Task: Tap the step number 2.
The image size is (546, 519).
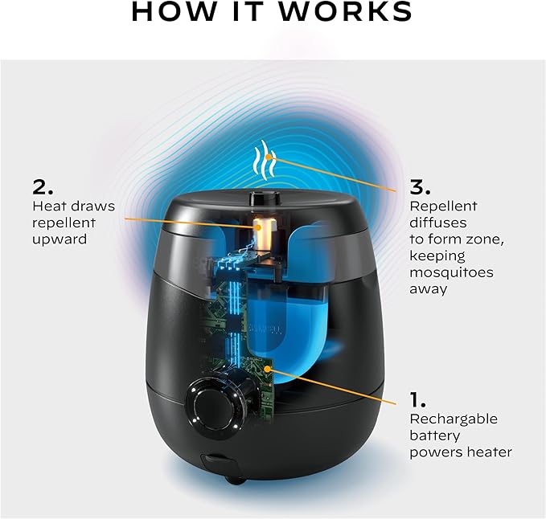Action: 43,188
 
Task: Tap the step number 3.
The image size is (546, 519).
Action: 420,188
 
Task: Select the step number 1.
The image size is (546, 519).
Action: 418,399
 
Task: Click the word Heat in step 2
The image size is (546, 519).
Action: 48,206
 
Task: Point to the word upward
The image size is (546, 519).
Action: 60,239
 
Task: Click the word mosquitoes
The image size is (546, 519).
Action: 453,272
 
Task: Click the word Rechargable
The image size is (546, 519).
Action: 454,419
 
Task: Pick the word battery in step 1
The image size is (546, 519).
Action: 435,435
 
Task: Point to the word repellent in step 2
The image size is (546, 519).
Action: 64,223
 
